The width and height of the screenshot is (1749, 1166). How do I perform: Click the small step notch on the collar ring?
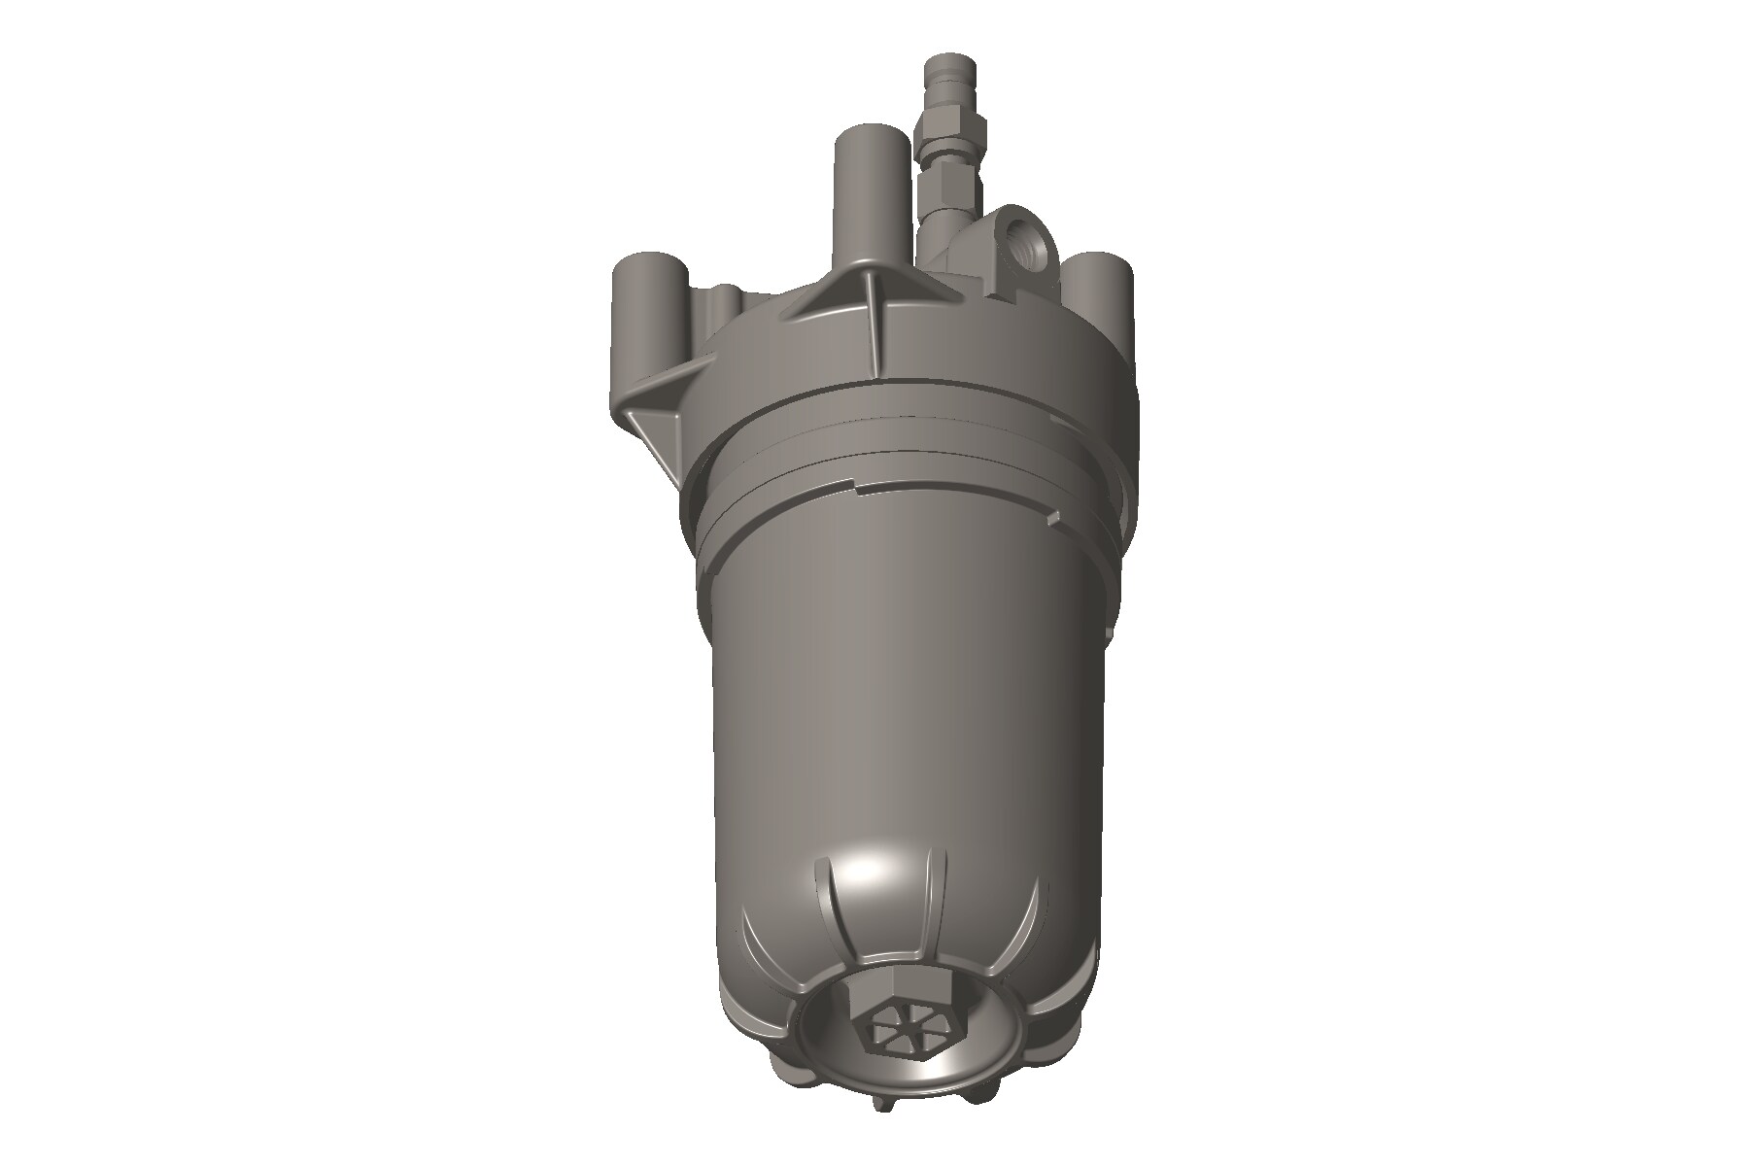pyautogui.click(x=855, y=480)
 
